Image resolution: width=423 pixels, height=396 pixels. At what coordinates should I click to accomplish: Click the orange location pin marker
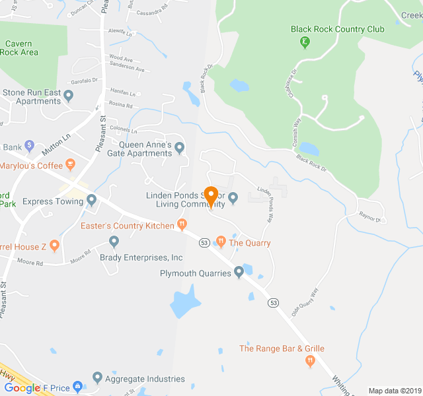click(x=211, y=196)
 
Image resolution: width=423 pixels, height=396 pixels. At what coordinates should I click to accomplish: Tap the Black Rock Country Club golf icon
click(x=304, y=43)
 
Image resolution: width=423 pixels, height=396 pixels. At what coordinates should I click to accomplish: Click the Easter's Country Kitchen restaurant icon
click(x=181, y=225)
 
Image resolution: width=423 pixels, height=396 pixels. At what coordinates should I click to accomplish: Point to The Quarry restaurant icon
click(x=221, y=242)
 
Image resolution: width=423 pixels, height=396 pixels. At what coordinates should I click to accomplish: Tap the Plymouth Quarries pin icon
click(x=239, y=273)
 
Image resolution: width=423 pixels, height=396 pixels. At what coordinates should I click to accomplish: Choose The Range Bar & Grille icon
click(x=309, y=360)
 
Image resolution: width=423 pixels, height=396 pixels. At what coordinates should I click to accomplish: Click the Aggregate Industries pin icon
click(x=98, y=378)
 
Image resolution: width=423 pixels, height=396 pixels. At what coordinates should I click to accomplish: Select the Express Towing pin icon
click(x=92, y=200)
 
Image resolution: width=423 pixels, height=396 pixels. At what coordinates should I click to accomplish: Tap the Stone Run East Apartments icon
click(x=68, y=96)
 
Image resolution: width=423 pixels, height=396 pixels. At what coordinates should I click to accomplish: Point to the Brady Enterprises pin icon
click(x=114, y=242)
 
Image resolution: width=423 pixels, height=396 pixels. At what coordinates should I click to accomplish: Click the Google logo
click(x=22, y=388)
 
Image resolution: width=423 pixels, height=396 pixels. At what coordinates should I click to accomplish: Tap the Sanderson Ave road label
click(x=127, y=69)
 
